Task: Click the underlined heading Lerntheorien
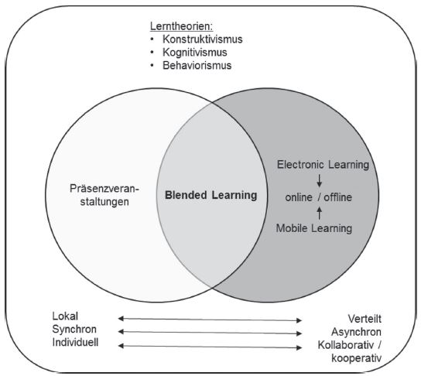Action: [182, 26]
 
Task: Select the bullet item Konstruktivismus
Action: [203, 39]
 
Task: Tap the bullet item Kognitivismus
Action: [195, 53]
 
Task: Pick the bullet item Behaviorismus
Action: [197, 66]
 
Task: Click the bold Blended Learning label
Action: [210, 195]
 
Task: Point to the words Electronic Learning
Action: [323, 165]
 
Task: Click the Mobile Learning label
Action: [314, 228]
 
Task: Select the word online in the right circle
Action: [299, 197]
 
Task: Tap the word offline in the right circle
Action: [337, 197]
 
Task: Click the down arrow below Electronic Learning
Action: [320, 180]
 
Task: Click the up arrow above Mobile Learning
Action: [320, 213]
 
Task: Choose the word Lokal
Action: [65, 316]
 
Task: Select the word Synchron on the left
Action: [74, 330]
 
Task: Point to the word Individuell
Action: [75, 343]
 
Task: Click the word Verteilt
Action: [365, 319]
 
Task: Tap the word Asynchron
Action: [356, 332]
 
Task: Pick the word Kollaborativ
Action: [346, 345]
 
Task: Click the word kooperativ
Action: [356, 358]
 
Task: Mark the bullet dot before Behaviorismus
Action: [152, 66]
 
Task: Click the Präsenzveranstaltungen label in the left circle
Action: [104, 195]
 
